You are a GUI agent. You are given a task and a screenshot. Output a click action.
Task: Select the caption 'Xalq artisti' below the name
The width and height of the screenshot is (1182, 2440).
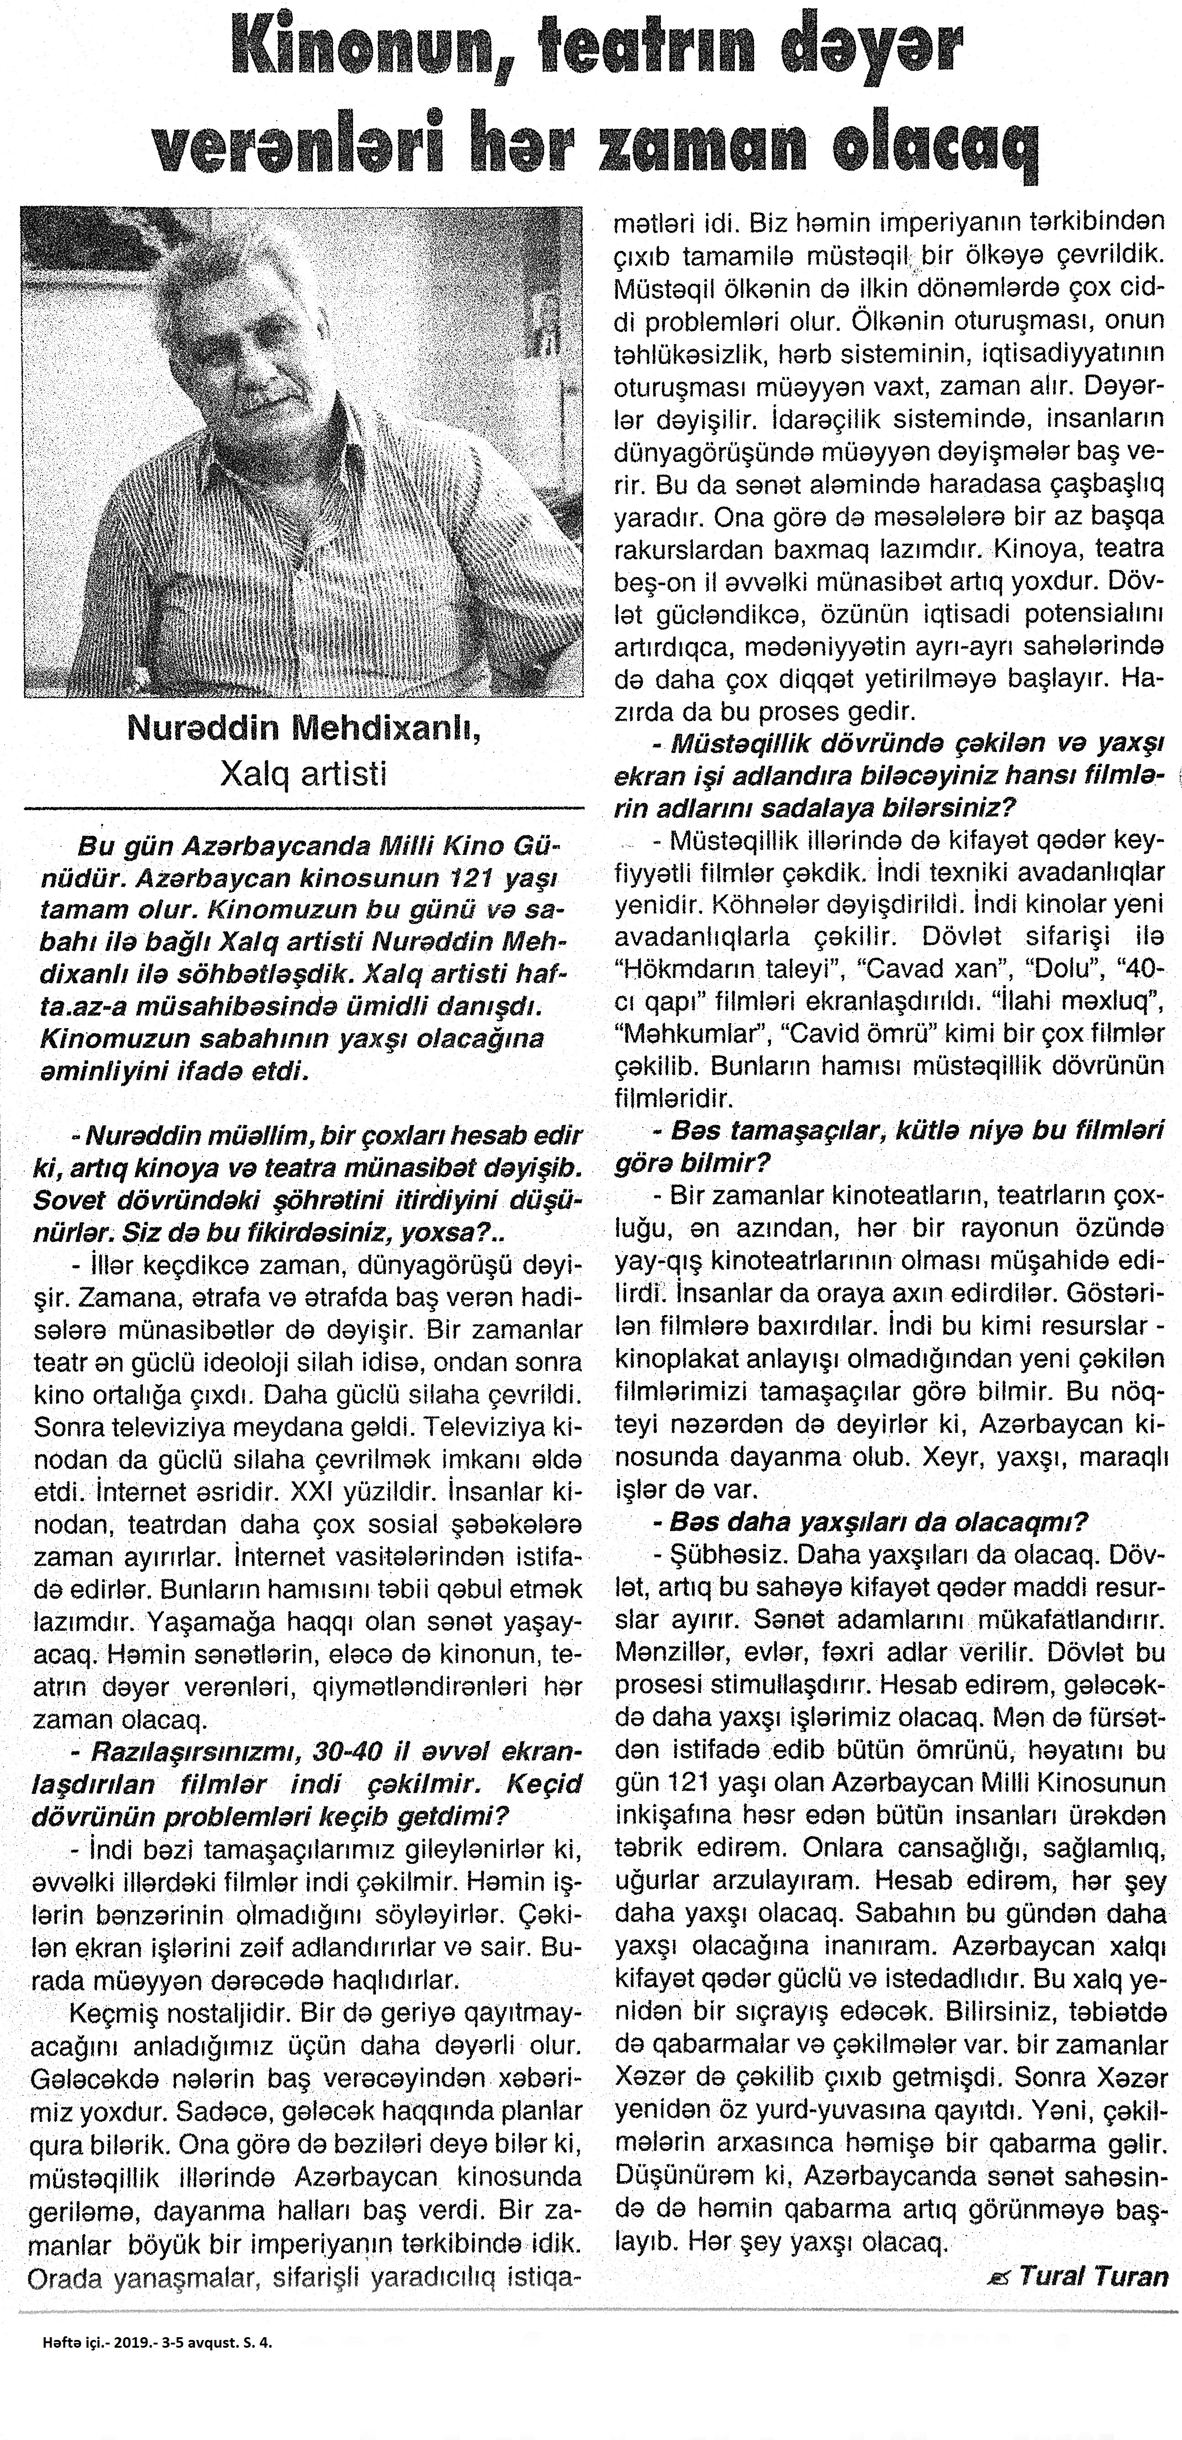tap(303, 775)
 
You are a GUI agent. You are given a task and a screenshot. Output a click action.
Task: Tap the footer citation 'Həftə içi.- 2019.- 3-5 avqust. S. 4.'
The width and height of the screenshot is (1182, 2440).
tap(156, 2336)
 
